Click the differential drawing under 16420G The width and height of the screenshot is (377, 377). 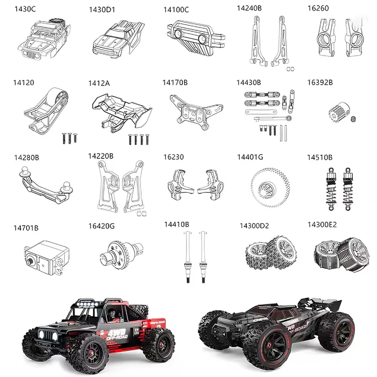123,252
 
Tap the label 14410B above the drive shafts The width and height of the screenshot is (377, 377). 176,224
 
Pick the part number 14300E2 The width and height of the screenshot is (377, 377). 322,225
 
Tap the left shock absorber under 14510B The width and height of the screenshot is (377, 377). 330,187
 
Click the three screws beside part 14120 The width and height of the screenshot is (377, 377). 69,138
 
